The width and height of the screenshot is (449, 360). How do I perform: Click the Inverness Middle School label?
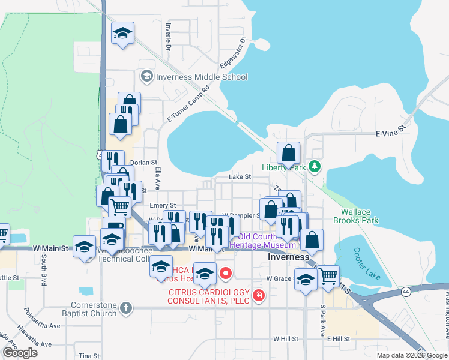[x=201, y=77]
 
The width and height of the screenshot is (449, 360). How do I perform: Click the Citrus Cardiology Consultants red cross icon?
[x=258, y=296]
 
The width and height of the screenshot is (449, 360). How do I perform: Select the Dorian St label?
[x=143, y=163]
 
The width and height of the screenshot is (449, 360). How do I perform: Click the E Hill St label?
[x=338, y=339]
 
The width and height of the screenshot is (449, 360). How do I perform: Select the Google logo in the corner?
[x=20, y=353]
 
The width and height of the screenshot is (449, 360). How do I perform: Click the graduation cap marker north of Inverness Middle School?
[x=123, y=34]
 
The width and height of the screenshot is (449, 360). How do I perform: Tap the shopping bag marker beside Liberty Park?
[x=289, y=154]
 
